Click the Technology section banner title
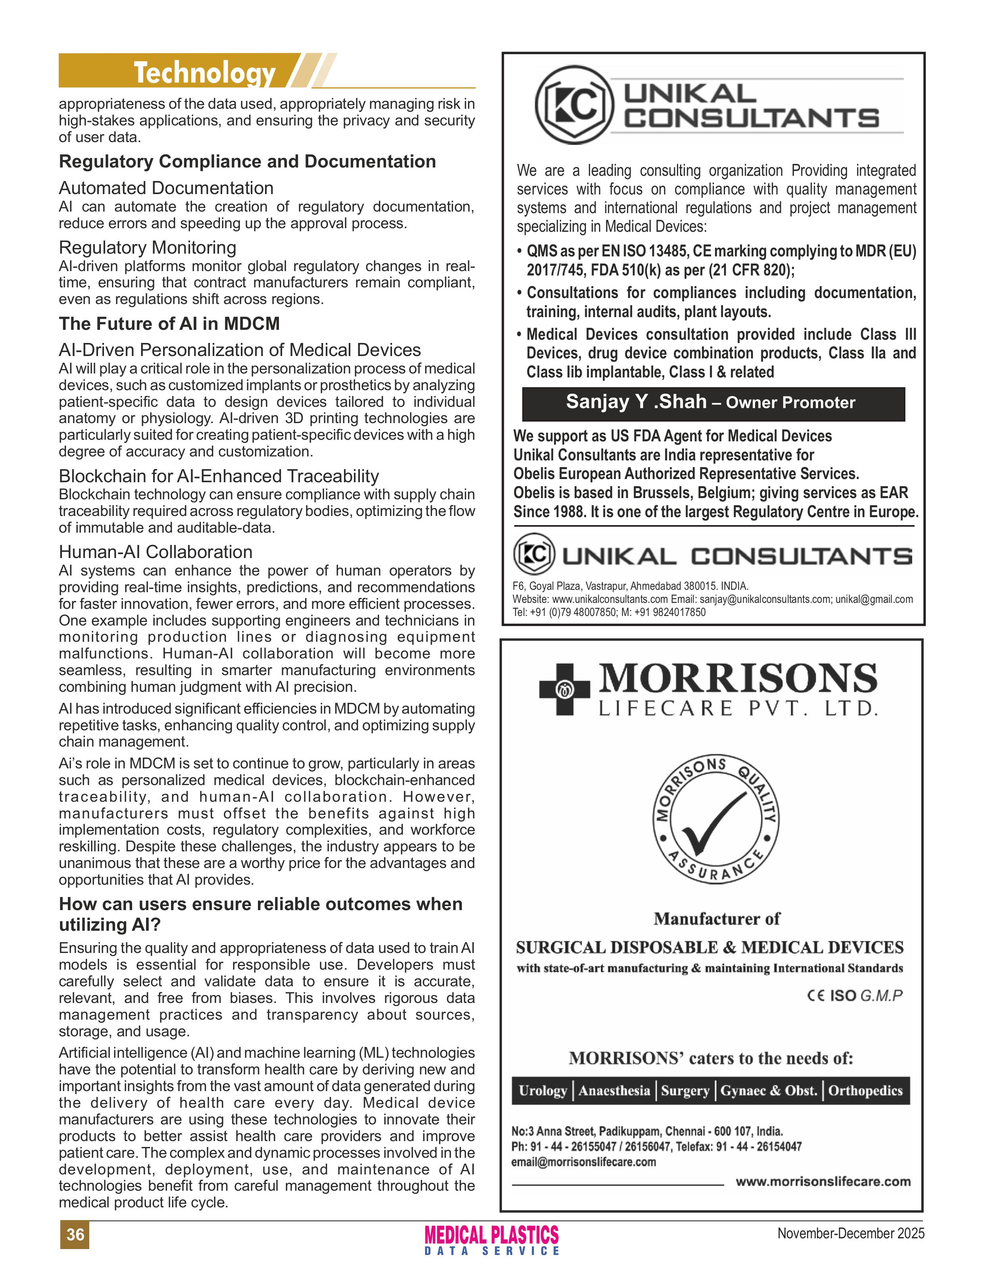205,73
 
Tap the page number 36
75,1234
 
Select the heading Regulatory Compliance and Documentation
247,162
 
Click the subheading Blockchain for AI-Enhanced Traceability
219,476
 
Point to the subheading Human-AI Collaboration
156,552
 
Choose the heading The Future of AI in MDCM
169,323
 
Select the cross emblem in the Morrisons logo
564,689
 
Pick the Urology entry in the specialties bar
543,1091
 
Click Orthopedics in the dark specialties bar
865,1091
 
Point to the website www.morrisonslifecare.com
822,1182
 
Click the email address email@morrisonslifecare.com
583,1162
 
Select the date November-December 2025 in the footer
851,1233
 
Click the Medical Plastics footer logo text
492,1235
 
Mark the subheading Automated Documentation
166,188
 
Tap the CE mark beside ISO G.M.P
815,995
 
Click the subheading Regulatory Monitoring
147,248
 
